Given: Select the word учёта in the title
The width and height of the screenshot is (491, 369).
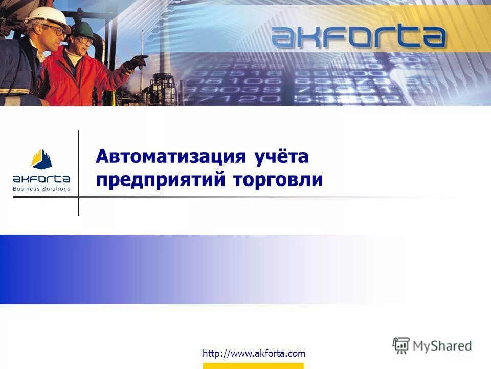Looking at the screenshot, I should [281, 157].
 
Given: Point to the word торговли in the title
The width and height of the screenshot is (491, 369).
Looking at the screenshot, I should [278, 180].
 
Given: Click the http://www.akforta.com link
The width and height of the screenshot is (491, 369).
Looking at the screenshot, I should [254, 353].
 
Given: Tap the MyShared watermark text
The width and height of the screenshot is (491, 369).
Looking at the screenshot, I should [442, 346].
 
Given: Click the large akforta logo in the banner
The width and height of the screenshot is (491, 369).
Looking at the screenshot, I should [358, 37].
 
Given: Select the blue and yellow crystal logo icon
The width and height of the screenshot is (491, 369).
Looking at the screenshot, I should [41, 159].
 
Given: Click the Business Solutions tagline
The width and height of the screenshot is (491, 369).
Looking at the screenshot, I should [41, 189].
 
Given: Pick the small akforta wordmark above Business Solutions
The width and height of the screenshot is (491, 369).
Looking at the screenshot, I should [41, 179].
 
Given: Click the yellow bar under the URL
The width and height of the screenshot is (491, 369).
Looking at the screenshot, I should [253, 365].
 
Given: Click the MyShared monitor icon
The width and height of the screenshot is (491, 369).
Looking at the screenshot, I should [401, 346].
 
